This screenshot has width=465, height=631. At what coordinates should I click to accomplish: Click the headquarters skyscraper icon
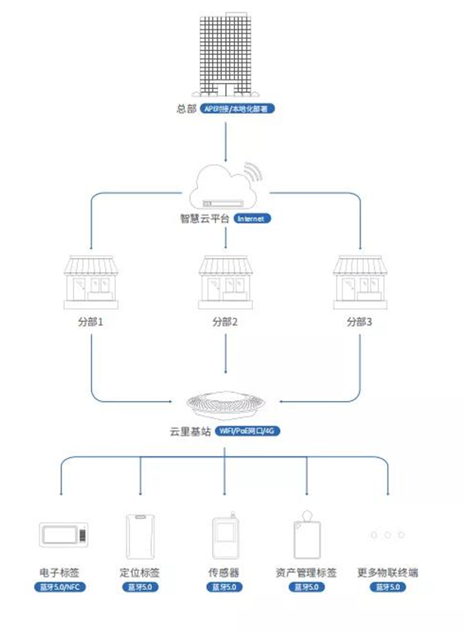(226, 53)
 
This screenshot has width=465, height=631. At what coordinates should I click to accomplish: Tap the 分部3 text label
(359, 322)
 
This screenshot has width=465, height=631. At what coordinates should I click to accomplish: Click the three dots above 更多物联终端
(387, 535)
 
